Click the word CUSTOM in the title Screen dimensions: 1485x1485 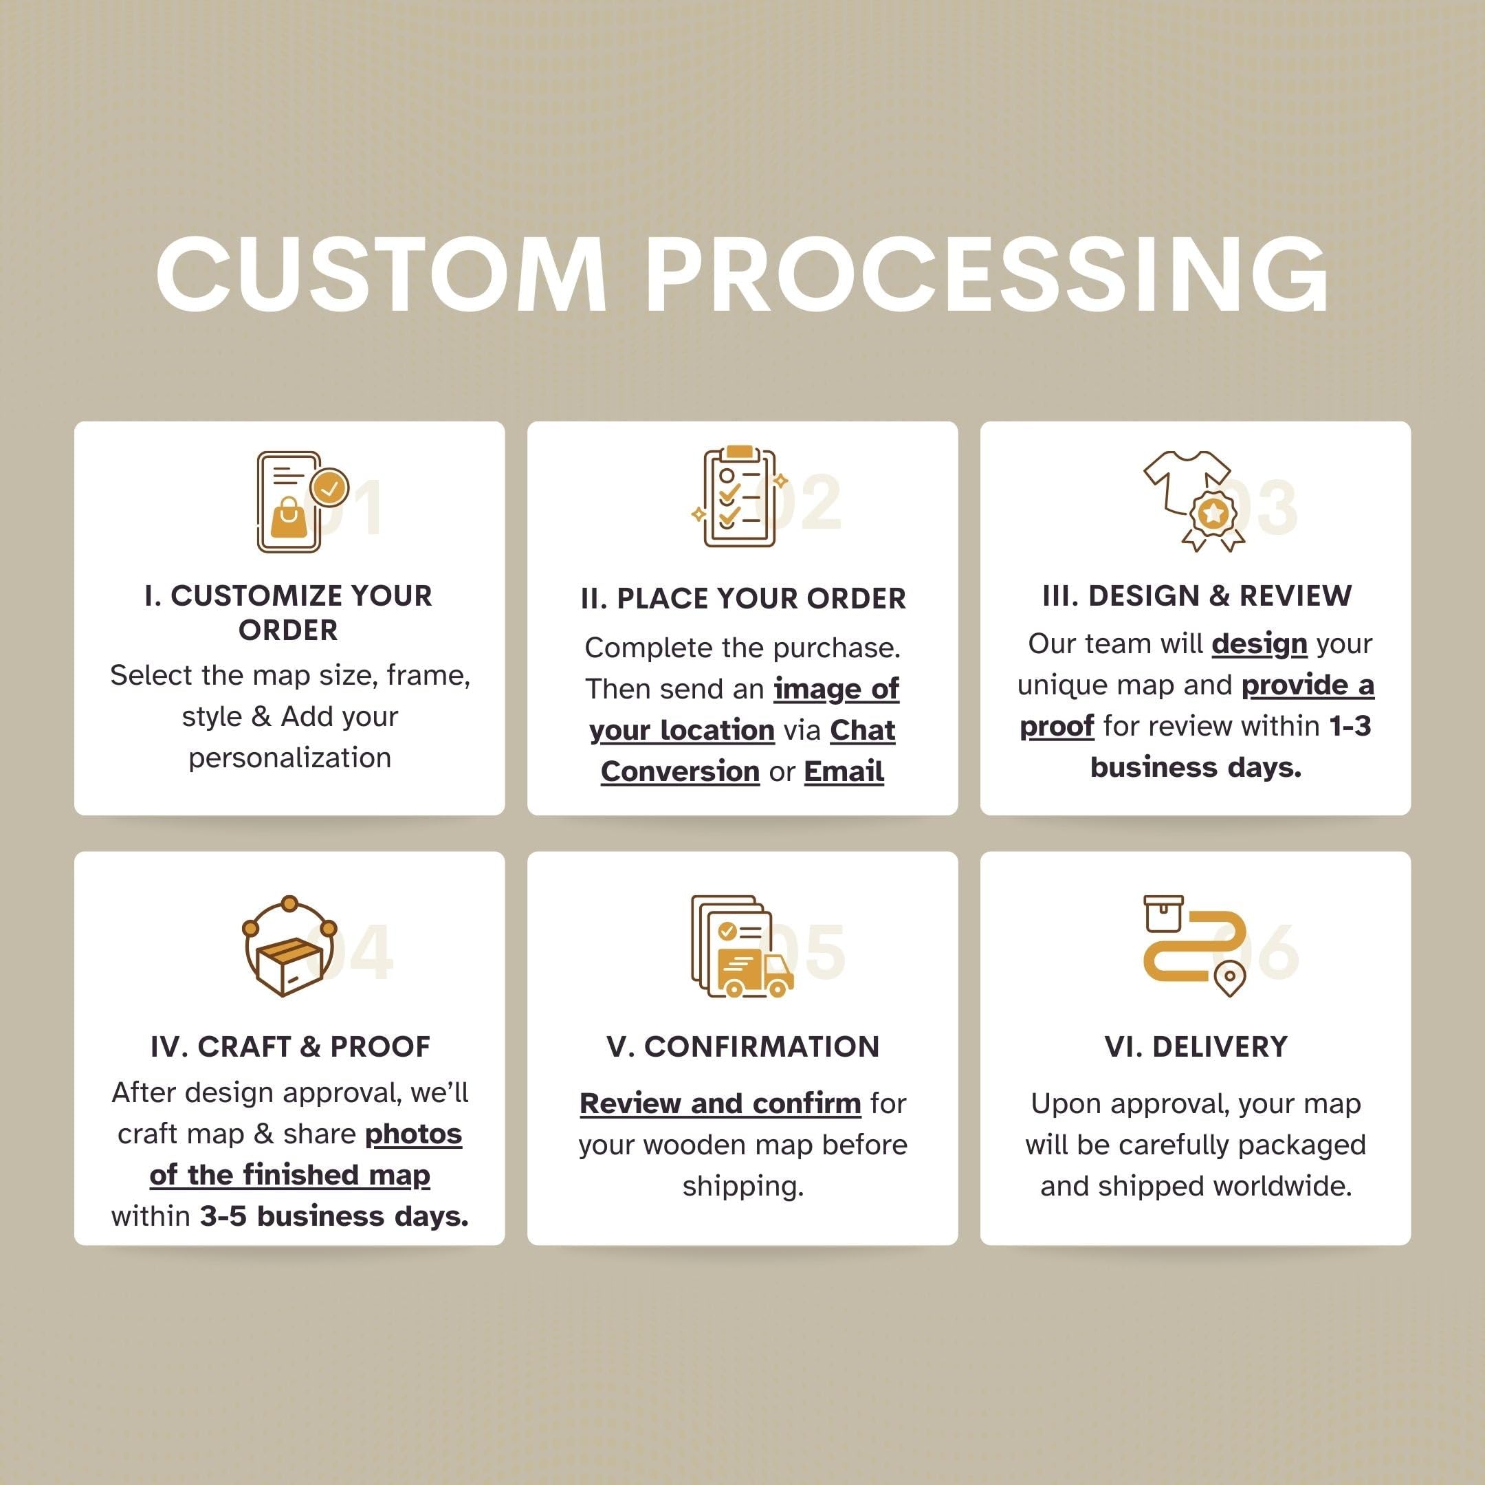coord(382,274)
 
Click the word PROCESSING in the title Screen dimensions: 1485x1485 coord(989,274)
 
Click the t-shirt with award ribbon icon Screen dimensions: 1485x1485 coord(1193,500)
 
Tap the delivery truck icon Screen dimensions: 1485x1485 coord(754,973)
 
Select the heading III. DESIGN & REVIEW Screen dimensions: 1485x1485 coord(1197,595)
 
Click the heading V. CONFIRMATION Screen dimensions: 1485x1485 coord(742,1047)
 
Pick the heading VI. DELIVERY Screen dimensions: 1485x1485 coord(1196,1047)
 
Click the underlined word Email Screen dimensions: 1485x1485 coord(844,771)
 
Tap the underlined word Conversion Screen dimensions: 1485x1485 coord(680,771)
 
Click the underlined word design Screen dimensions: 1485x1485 coord(1259,644)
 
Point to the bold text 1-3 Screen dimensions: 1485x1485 coord(1350,725)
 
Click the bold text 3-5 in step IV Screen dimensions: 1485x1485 coord(223,1216)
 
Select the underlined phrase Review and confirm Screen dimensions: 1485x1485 coord(720,1103)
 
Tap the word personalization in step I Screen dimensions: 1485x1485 coord(289,758)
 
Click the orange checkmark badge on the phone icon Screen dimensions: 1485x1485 coord(331,487)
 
